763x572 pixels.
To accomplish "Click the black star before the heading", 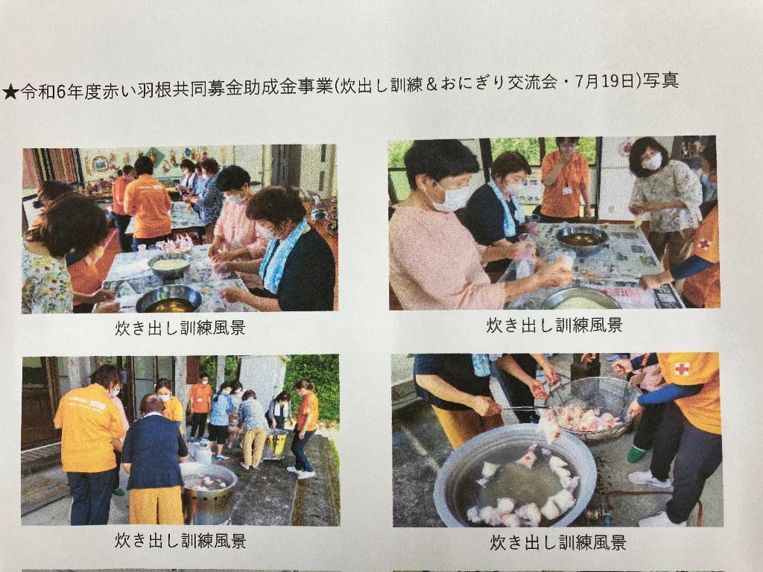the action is [10, 92].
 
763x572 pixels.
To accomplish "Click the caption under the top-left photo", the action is [180, 328].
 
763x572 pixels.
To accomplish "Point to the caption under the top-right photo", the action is [554, 325].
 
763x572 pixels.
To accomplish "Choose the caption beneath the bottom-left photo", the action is [180, 541].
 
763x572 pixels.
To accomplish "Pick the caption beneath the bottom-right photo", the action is [557, 542].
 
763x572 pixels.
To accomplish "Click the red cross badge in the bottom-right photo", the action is [682, 369].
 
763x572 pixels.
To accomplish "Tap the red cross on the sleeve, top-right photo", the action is [703, 244].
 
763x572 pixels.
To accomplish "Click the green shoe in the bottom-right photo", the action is [636, 454].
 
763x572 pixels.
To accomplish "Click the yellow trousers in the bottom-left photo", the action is [156, 505].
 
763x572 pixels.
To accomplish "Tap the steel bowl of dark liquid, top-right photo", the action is [581, 238].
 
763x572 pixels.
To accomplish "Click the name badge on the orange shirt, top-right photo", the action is [567, 191].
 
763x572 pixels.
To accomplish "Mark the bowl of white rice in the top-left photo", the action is [169, 266].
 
